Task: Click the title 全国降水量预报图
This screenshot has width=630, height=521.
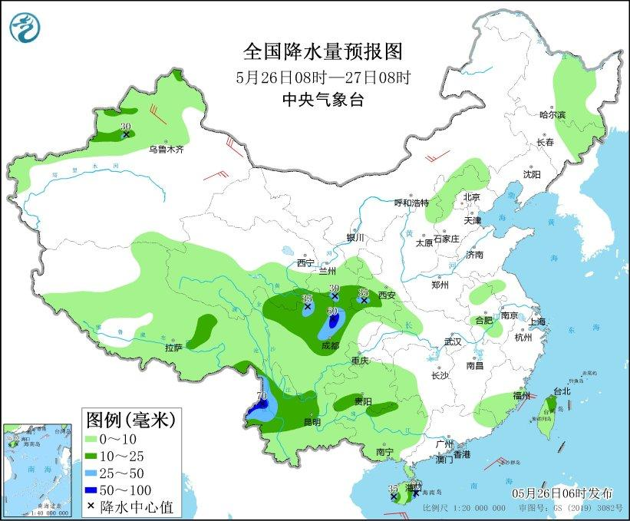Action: click(x=322, y=51)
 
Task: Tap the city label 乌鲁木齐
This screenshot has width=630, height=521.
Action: click(x=167, y=150)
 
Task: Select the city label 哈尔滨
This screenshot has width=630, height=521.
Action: click(x=552, y=114)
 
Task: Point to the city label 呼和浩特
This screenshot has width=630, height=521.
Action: click(x=411, y=203)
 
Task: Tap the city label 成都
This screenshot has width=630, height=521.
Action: click(x=330, y=346)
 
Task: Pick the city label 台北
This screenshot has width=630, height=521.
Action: click(x=562, y=391)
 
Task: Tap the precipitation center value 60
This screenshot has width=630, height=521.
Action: click(x=333, y=311)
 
